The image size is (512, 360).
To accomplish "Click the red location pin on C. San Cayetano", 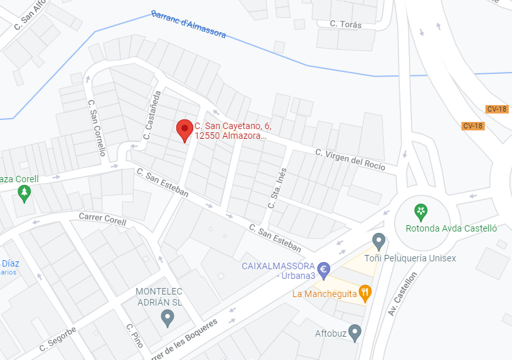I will point(185,130).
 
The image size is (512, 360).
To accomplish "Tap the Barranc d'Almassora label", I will point(188,23).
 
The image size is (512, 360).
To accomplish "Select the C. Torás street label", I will point(345,25).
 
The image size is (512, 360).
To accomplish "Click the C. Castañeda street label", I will point(151,115).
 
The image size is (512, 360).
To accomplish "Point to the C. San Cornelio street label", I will point(97,127).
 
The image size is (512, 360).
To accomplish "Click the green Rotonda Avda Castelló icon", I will point(421,210).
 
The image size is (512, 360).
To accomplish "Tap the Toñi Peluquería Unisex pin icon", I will point(379,241).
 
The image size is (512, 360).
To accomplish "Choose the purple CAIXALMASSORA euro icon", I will point(324,268).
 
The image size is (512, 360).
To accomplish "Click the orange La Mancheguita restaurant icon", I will point(366,293).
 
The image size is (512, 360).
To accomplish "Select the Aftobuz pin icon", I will point(354,332).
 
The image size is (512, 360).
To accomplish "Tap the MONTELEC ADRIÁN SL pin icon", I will point(167,317).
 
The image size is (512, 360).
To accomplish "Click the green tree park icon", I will point(25,192).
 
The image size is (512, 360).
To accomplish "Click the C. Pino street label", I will point(134,335).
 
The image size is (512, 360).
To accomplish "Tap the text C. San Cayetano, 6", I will point(228,125).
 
